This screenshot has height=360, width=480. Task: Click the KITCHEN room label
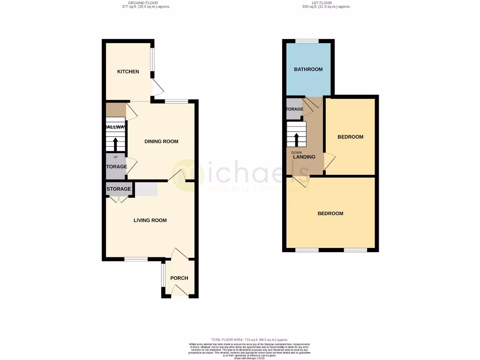[128, 72]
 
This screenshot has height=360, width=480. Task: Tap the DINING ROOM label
[161, 142]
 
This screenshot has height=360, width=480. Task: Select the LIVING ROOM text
[150, 220]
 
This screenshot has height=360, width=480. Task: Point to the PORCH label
[179, 278]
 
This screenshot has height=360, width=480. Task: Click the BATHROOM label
[308, 69]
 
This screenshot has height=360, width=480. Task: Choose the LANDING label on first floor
[304, 157]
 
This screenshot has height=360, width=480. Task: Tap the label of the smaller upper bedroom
[350, 137]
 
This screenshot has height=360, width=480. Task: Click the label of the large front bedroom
[330, 213]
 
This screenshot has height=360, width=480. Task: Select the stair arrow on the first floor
[296, 139]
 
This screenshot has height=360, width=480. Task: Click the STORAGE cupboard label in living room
[119, 189]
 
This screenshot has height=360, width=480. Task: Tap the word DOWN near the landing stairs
[296, 152]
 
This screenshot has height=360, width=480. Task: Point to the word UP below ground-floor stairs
[116, 157]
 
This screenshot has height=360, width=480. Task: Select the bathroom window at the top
[307, 41]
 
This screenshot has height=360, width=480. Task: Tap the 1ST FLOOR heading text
[326, 3]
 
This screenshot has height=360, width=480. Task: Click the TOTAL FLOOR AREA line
[249, 339]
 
